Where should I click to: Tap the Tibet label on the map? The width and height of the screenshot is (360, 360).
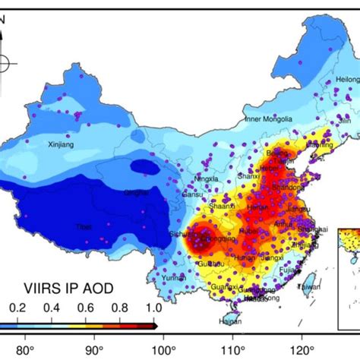point(81,226)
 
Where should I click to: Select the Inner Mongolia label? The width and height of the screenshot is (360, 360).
point(271,120)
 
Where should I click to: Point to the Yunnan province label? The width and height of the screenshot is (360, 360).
point(173,279)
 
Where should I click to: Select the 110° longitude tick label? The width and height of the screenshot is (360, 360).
point(232,351)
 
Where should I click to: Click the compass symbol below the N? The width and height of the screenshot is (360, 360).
point(4,63)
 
